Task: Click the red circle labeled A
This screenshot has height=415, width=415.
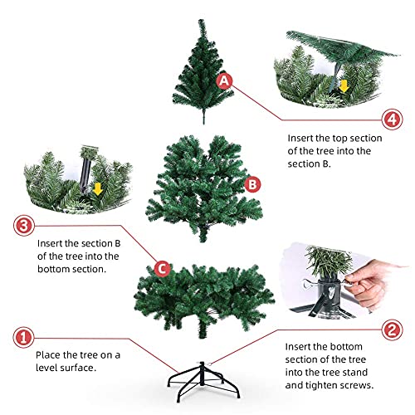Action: (224, 81)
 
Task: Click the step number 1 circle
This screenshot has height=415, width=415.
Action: (22, 337)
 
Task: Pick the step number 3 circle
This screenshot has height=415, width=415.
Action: (22, 225)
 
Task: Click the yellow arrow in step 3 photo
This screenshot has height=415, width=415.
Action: (97, 188)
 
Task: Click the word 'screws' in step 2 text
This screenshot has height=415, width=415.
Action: (357, 385)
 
